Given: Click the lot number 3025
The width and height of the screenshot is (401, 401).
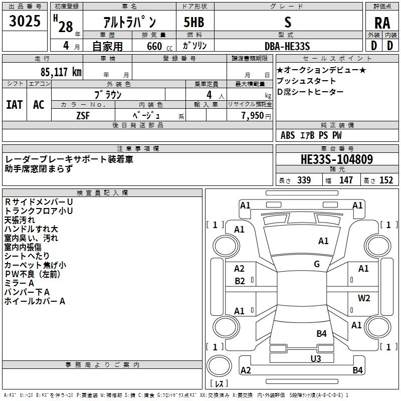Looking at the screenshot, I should pyautogui.click(x=25, y=22).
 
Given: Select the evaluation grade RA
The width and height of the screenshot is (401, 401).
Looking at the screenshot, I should pyautogui.click(x=382, y=23).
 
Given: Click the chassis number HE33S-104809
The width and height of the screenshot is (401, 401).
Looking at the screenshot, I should pyautogui.click(x=336, y=159).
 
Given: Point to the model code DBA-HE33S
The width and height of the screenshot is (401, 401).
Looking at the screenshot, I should pyautogui.click(x=287, y=46).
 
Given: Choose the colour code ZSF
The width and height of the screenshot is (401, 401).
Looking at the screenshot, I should pyautogui.click(x=83, y=115).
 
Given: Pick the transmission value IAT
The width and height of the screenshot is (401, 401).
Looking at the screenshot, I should pyautogui.click(x=15, y=104).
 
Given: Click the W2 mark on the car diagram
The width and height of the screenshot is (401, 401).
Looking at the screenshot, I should pyautogui.click(x=364, y=298).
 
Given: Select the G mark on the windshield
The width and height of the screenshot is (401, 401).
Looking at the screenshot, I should pyautogui.click(x=317, y=264).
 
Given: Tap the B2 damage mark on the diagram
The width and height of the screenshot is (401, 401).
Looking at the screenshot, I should pyautogui.click(x=240, y=281).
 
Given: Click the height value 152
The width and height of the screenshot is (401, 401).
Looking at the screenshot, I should pyautogui.click(x=386, y=180).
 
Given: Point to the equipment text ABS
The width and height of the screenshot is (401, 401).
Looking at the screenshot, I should pyautogui.click(x=288, y=135).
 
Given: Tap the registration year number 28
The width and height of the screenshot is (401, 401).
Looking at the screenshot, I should pyautogui.click(x=66, y=27).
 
